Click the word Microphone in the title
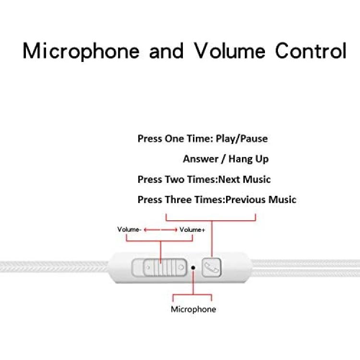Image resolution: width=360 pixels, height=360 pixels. [81, 51]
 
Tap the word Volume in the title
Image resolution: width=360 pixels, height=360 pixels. [229, 50]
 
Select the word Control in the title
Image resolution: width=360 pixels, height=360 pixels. [311, 50]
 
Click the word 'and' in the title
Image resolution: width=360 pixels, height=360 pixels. [166, 50]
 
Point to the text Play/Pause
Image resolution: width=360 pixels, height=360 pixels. [242, 139]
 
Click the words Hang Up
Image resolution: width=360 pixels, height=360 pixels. [249, 159]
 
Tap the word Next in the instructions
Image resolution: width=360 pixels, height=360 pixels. [229, 180]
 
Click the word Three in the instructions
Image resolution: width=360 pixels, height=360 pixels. [179, 200]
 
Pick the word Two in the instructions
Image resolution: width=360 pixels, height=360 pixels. [175, 180]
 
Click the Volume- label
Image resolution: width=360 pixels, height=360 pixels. [129, 229]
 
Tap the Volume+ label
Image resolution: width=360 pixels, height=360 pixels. [192, 229]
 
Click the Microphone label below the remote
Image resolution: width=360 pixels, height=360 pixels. [193, 309]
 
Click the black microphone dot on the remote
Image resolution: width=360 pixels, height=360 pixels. [193, 268]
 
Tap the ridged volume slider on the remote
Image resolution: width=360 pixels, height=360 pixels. [165, 267]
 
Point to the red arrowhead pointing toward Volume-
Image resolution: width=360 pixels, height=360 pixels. [145, 229]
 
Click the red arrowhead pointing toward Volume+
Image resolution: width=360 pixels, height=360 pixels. [176, 229]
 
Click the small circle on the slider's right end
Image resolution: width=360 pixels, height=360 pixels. [181, 267]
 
